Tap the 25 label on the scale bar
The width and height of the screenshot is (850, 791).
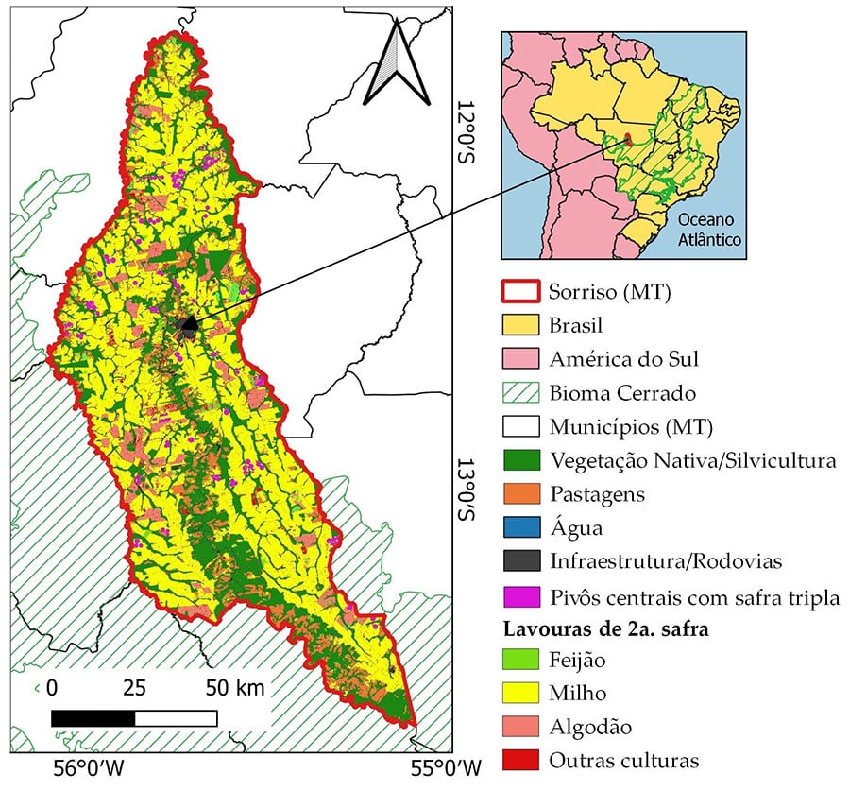134,688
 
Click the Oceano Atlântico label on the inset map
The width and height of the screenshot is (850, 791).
709,230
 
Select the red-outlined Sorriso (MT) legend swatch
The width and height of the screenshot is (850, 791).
518,292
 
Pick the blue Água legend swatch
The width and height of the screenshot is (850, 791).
518,528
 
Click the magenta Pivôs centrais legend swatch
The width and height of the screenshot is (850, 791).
518,596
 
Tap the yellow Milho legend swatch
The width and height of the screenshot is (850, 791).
518,694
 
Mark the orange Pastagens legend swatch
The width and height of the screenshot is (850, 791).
518,494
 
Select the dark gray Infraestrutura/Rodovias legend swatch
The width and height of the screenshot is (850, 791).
518,562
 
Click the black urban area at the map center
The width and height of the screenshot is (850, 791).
188,326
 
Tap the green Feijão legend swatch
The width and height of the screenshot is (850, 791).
518,660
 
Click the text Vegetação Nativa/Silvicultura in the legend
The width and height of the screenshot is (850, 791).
692,461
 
